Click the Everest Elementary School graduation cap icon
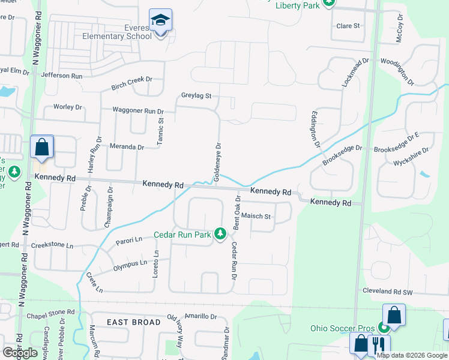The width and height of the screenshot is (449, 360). (160, 21)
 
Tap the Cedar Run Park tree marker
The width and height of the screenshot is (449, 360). (220, 233)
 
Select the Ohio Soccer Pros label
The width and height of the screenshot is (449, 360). (343, 328)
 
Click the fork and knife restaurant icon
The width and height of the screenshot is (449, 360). (379, 346)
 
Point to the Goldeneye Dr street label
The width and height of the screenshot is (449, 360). (218, 161)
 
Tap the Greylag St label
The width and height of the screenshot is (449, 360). (197, 95)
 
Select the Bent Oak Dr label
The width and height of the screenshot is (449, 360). (237, 212)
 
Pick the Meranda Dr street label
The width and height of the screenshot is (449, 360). (127, 146)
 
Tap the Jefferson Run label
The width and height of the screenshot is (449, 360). (61, 76)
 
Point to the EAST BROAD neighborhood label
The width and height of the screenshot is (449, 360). (133, 322)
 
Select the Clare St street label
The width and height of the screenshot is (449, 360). (348, 26)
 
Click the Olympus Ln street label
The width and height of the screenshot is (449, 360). (130, 264)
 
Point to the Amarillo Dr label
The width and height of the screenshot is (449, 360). (201, 316)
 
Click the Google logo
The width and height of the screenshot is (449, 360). (20, 353)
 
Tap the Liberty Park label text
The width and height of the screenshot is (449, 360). (297, 6)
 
